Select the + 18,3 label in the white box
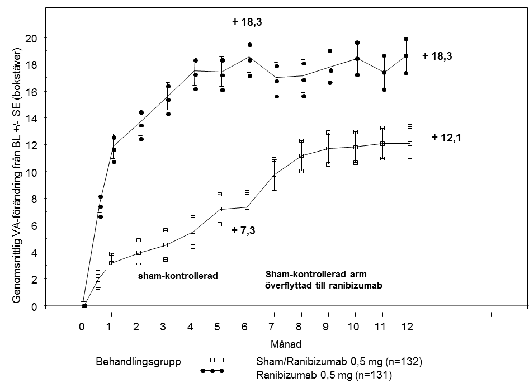247,23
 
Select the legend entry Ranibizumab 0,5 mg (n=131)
324,376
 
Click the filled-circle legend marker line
212,371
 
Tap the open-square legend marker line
212,360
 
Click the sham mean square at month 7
274,175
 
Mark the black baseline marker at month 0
84,305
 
